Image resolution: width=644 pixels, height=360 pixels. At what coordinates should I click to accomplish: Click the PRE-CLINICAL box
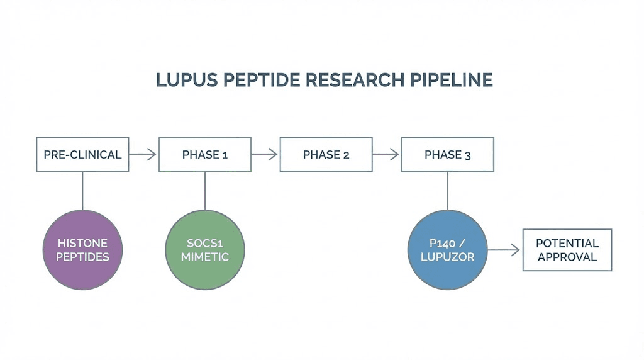click(82, 155)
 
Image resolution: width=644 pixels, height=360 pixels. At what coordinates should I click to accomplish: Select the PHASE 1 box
click(204, 155)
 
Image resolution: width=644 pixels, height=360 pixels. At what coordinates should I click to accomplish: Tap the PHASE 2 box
click(326, 155)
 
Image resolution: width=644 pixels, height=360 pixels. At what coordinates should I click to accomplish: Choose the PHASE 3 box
click(447, 155)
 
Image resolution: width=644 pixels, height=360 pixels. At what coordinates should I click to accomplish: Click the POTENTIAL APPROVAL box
click(567, 250)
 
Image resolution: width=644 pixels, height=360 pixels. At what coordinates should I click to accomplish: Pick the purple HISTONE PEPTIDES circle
click(82, 250)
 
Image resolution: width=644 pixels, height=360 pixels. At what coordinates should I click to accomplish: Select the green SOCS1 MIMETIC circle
click(204, 250)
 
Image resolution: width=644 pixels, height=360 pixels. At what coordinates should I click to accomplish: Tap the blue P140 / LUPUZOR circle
click(447, 250)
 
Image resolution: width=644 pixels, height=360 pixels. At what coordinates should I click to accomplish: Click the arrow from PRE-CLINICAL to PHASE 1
click(143, 155)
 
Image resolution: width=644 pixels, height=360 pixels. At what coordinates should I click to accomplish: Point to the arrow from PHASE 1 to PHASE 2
click(265, 155)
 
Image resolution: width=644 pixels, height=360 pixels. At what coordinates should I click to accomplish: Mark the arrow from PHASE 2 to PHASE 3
click(386, 155)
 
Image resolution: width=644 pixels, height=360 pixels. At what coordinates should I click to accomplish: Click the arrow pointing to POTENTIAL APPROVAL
click(504, 250)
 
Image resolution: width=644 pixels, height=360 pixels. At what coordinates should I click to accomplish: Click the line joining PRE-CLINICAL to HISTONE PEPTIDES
click(82, 190)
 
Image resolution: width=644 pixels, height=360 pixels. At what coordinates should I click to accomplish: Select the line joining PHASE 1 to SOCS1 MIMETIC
click(204, 190)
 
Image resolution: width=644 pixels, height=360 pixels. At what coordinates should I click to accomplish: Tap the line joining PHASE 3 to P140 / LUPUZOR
click(447, 190)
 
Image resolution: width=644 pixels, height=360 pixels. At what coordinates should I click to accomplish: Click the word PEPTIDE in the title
click(253, 81)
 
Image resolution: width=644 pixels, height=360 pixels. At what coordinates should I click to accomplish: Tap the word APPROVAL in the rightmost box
click(567, 257)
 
